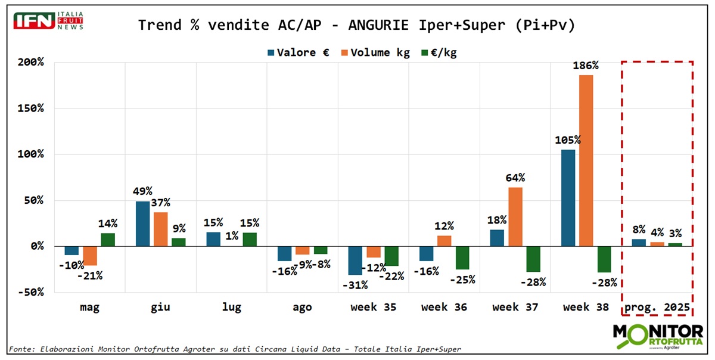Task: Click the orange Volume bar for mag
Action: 90,256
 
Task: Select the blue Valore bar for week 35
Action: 356,260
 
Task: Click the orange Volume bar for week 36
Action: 444,241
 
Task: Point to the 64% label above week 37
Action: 515,178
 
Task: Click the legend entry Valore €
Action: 298,52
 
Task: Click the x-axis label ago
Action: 302,308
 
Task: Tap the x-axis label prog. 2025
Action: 657,308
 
